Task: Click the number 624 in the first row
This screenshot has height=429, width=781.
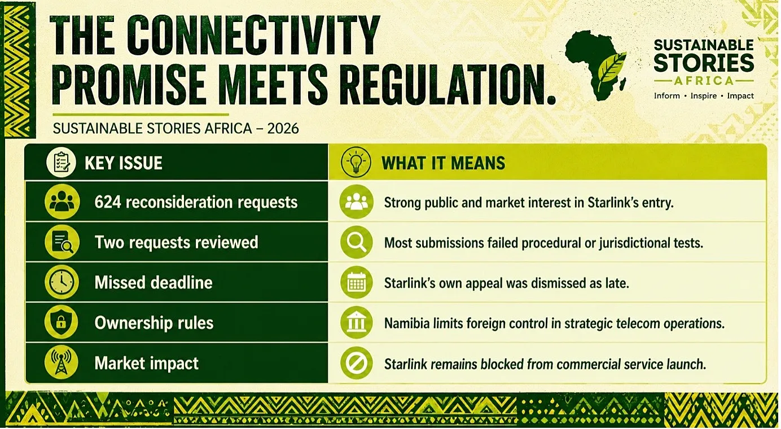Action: coord(108,202)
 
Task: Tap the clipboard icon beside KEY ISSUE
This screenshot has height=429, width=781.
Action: coord(62,163)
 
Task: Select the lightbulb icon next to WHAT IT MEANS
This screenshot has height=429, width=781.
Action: coord(356,163)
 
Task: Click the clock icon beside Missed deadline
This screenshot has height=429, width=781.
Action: coord(62,282)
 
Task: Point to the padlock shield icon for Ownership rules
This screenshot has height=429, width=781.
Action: coord(62,322)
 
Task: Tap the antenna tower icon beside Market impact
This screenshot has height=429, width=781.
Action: coord(62,363)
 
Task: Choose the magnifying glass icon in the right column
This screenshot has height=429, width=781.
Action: coord(356,242)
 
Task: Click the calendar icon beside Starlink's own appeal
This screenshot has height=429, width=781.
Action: coord(356,282)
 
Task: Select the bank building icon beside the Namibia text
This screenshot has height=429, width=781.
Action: coord(356,323)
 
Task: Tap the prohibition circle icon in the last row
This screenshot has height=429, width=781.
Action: coord(356,363)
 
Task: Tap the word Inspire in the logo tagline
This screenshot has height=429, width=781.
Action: coord(704,96)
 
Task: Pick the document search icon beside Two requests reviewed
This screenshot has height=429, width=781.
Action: coord(62,242)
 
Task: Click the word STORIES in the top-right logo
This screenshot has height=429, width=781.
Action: coord(704,63)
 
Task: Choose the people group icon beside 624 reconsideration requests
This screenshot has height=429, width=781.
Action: coord(62,202)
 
